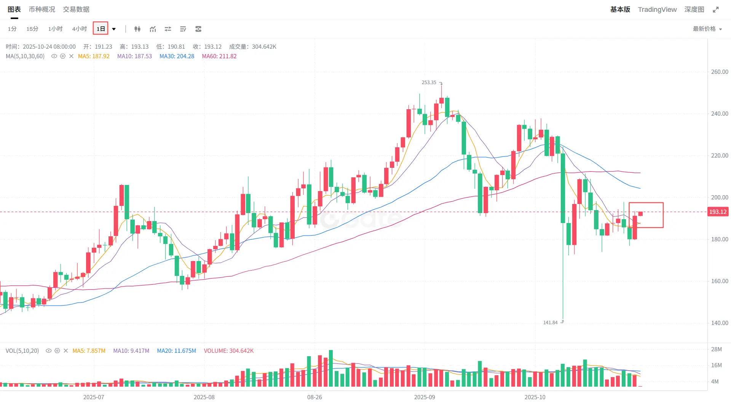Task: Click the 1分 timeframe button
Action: (12, 29)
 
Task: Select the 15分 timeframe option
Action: (32, 29)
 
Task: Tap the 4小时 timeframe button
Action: (80, 29)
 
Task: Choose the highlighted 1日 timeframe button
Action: (101, 29)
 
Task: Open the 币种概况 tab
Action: (42, 10)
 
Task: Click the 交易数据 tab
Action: (76, 10)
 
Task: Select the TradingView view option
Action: (657, 10)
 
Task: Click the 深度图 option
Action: (694, 10)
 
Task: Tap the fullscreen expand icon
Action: (716, 10)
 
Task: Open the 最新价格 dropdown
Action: (707, 29)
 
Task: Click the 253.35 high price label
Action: (429, 83)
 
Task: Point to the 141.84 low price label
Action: (550, 323)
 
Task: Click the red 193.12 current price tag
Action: (718, 212)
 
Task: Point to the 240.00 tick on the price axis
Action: (720, 114)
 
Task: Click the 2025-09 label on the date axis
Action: (425, 397)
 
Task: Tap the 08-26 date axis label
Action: (314, 397)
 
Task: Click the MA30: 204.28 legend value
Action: (177, 56)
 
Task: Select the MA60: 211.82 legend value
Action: (219, 56)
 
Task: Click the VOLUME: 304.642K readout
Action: (228, 351)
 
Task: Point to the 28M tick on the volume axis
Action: (717, 349)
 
